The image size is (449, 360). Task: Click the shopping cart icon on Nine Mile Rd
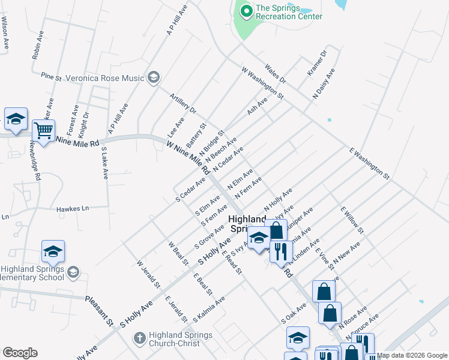pyautogui.click(x=44, y=130)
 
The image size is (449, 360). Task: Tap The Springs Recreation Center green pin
pyautogui.click(x=246, y=11)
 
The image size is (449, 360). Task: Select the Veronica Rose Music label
pyautogui.click(x=105, y=78)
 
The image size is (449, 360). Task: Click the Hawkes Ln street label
pyautogui.click(x=73, y=209)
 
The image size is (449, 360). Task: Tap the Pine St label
pyautogui.click(x=51, y=77)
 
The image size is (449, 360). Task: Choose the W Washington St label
pyautogui.click(x=262, y=83)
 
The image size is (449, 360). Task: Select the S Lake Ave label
pyautogui.click(x=104, y=163)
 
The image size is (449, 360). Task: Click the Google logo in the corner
pyautogui.click(x=20, y=353)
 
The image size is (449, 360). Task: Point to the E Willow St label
pyautogui.click(x=352, y=220)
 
